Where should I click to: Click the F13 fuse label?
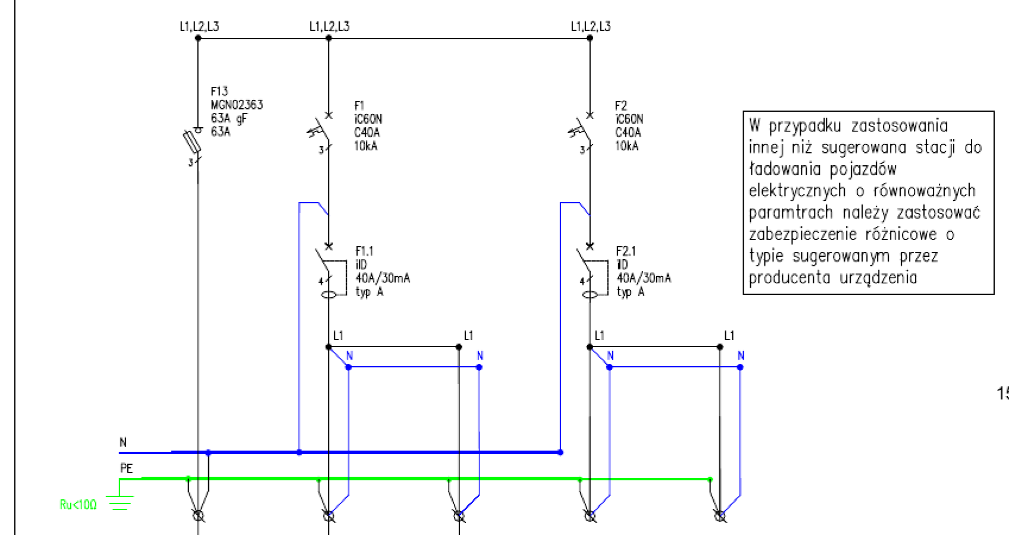click(220, 92)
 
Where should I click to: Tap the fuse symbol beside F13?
click(192, 141)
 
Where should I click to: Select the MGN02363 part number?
click(237, 105)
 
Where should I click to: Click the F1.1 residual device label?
click(365, 251)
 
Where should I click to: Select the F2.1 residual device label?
click(626, 251)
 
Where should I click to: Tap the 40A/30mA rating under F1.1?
click(383, 278)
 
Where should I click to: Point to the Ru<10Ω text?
click(79, 505)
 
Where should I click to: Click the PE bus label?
click(127, 468)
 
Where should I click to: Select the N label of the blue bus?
click(123, 442)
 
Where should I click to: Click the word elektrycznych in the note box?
click(797, 191)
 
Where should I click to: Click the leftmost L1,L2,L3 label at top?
click(199, 27)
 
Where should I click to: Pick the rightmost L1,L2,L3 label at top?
click(591, 27)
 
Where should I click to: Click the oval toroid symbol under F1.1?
click(328, 295)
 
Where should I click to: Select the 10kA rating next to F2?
click(626, 146)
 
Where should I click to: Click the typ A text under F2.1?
click(631, 292)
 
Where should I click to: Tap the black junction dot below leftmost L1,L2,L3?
click(198, 38)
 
